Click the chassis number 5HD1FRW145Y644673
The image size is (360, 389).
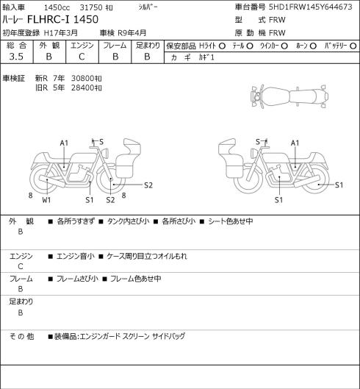(311, 7)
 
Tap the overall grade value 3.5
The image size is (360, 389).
(16, 57)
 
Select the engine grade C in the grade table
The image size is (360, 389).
(82, 57)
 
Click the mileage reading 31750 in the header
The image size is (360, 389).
(91, 7)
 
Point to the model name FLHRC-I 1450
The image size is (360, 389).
(62, 19)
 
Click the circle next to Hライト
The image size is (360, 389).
(222, 46)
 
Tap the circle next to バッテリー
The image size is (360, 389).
(353, 46)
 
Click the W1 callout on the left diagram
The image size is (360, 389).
(46, 200)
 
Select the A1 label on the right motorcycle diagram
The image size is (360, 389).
(295, 143)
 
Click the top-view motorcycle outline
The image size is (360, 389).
(289, 96)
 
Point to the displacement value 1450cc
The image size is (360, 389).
(57, 7)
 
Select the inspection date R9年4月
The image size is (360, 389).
(132, 33)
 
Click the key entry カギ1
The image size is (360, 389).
(206, 57)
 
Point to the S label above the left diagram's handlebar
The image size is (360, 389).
(101, 142)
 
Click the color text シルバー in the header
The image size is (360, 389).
(148, 7)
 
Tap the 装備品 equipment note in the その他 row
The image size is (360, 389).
(117, 336)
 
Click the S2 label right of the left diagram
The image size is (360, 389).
(148, 185)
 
